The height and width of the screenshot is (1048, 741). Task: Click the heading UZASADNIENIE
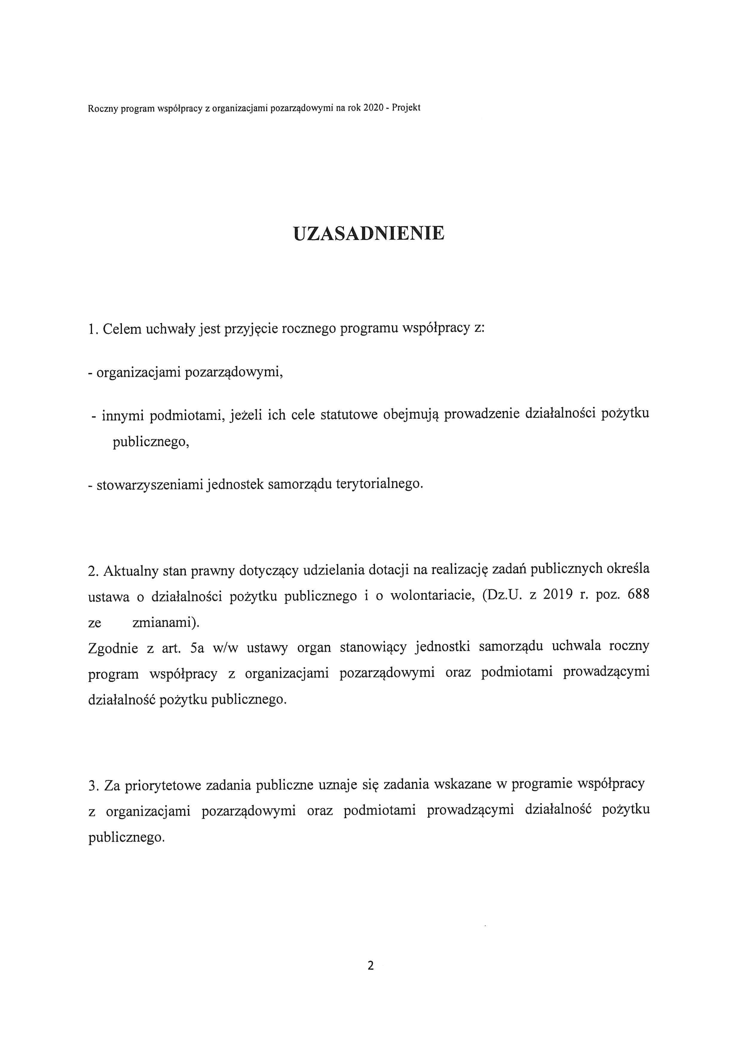(x=369, y=233)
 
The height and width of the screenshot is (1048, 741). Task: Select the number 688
(x=638, y=595)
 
